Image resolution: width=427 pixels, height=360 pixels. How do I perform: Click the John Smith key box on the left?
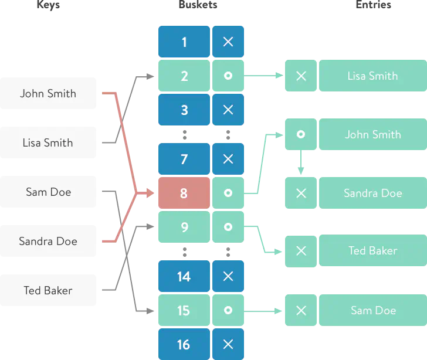tap(49, 94)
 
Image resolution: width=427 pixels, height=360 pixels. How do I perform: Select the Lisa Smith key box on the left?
tap(49, 143)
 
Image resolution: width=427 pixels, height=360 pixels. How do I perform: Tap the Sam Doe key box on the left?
tap(49, 192)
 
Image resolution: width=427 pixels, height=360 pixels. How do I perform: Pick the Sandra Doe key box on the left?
tap(49, 242)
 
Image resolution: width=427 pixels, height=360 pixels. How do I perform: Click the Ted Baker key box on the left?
tap(49, 291)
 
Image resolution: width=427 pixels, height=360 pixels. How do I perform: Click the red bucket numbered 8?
tap(184, 193)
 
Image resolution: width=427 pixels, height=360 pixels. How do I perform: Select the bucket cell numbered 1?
tap(184, 42)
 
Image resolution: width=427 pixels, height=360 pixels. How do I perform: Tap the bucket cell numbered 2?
tap(184, 76)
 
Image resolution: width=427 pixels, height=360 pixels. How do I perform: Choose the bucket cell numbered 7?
tap(184, 159)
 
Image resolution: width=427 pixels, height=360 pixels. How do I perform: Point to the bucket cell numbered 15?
tap(184, 310)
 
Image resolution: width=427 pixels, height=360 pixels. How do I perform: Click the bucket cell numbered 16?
tap(184, 344)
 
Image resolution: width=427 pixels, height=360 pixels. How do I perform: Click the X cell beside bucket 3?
tap(228, 110)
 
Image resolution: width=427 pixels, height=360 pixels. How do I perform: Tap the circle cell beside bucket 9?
tap(228, 227)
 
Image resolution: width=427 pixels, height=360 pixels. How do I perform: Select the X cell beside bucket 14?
tap(228, 276)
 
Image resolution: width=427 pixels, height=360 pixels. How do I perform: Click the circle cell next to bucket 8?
tap(228, 193)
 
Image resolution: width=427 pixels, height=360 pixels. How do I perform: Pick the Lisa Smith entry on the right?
tap(372, 76)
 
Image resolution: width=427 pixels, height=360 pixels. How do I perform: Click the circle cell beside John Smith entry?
tap(300, 134)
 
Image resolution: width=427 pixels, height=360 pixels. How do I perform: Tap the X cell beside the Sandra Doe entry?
tap(300, 193)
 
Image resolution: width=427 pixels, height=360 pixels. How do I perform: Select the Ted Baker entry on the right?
tap(372, 251)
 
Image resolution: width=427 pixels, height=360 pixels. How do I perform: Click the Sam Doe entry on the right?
tap(372, 310)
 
